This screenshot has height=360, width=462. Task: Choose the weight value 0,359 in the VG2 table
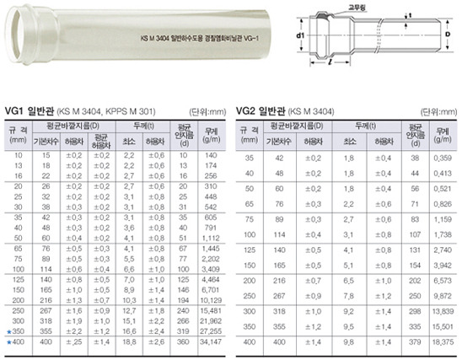(x=443, y=158)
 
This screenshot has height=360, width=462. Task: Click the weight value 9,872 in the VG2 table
(x=443, y=296)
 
